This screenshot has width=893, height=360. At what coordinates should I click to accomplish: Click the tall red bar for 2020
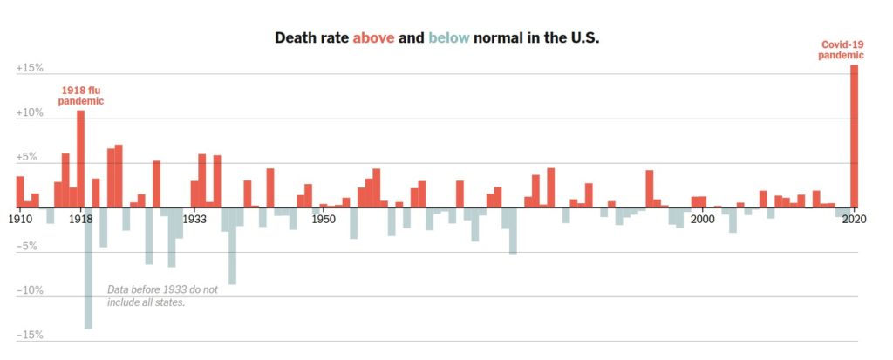pos(854,136)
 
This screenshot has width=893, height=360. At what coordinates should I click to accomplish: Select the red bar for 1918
pos(80,159)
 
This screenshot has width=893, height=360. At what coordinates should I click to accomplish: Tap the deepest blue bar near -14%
pos(88,268)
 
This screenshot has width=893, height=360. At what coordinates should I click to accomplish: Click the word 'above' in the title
pos(373,38)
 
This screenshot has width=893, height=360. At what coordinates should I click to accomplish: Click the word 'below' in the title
pos(449,38)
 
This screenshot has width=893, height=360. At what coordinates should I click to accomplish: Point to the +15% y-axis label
pos(30,68)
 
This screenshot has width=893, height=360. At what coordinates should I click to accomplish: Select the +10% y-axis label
pos(30,113)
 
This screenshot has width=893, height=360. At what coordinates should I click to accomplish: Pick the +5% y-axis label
pos(30,158)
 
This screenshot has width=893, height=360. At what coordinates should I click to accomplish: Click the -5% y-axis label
pos(30,247)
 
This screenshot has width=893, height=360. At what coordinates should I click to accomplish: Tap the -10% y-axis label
pos(30,291)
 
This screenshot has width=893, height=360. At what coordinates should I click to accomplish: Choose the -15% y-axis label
pos(30,336)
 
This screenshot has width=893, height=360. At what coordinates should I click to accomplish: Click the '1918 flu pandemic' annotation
pos(81,95)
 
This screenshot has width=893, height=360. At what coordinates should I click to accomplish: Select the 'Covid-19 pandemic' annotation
pos(842,50)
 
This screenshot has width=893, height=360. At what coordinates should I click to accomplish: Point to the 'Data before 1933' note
pos(162,295)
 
